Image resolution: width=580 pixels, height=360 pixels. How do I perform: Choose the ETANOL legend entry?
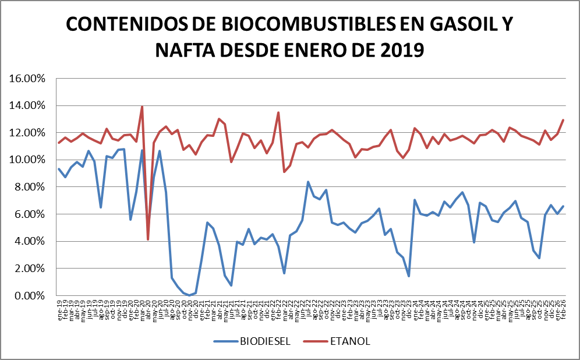[x=350, y=341]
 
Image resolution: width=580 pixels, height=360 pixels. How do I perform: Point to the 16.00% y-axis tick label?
[x=27, y=79]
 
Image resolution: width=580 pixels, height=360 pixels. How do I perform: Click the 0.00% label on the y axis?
[x=30, y=296]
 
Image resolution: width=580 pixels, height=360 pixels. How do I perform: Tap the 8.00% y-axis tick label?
[x=30, y=187]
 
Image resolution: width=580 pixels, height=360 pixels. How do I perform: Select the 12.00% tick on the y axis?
[x=27, y=133]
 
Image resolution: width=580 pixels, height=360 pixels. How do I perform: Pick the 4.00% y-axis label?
[x=30, y=242]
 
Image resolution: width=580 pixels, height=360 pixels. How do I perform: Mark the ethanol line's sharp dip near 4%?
[x=148, y=239]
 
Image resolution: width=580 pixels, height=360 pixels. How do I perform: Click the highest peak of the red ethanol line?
[x=142, y=107]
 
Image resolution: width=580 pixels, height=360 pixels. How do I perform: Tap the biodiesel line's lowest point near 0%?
[x=189, y=295]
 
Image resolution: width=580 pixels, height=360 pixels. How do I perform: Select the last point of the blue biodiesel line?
[x=563, y=206]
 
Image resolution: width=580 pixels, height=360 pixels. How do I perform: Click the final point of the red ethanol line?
[x=563, y=120]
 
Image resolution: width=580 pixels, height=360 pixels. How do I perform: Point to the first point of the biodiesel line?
[x=59, y=169]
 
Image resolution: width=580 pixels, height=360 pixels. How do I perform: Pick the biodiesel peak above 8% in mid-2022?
[x=308, y=182]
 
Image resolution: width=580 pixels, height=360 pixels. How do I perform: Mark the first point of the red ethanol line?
[x=59, y=143]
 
